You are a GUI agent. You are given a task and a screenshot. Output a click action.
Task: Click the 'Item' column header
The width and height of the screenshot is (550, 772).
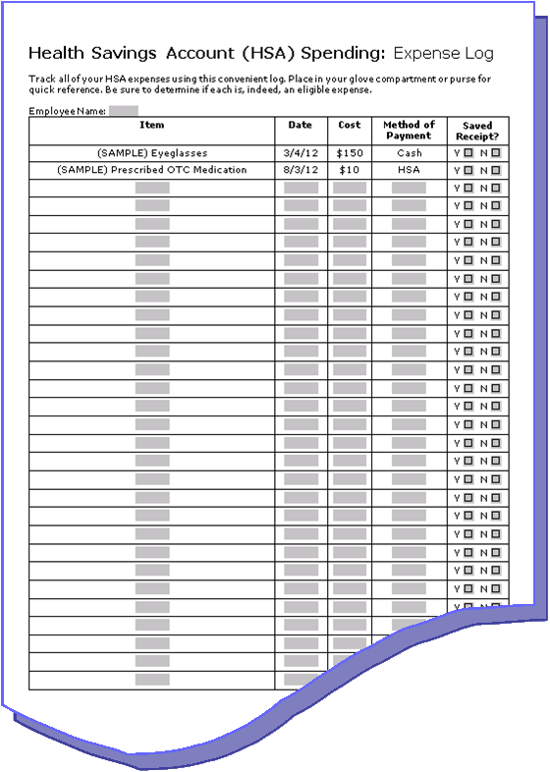coord(152,125)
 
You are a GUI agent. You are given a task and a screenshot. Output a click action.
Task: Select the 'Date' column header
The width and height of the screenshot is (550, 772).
coord(301,125)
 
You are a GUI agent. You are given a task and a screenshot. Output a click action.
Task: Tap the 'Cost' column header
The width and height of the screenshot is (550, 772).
coord(350,125)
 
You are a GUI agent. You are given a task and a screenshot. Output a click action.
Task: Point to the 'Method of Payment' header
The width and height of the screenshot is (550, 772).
coord(409,130)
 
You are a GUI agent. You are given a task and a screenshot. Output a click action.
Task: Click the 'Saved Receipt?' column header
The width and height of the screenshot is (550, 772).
coord(477,131)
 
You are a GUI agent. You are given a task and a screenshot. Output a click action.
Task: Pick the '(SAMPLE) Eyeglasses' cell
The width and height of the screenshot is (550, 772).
coord(152,153)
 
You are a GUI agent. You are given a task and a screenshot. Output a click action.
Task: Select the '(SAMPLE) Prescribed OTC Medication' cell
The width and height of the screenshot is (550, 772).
coord(152,170)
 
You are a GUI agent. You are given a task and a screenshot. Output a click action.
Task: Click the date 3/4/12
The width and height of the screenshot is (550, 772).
coord(301,153)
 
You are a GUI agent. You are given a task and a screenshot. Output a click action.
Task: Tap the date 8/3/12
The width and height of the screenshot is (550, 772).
coord(301,170)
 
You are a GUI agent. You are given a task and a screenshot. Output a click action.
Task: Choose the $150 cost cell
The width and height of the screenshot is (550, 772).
coord(350,153)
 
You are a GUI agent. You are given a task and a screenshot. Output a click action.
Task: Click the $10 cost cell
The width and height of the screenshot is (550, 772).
coord(350,170)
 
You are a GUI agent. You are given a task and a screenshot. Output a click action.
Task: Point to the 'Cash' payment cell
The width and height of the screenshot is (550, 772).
coord(409,153)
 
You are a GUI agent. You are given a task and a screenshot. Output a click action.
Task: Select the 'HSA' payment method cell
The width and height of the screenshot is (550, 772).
coord(409,170)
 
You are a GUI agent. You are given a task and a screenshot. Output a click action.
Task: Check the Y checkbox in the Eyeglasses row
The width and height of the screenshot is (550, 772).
coord(468,153)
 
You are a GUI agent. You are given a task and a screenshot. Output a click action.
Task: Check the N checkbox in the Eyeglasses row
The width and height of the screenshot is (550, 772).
coord(495,153)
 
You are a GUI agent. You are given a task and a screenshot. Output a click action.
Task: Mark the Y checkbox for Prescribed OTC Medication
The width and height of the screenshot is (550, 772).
coord(468,170)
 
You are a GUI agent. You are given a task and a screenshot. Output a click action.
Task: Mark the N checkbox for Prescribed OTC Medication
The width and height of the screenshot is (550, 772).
coord(495,170)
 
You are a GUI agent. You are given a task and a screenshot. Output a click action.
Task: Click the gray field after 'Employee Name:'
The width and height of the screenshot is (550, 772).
coord(123,110)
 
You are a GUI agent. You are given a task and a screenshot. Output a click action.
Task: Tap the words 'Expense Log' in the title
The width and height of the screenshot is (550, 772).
coord(443,53)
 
